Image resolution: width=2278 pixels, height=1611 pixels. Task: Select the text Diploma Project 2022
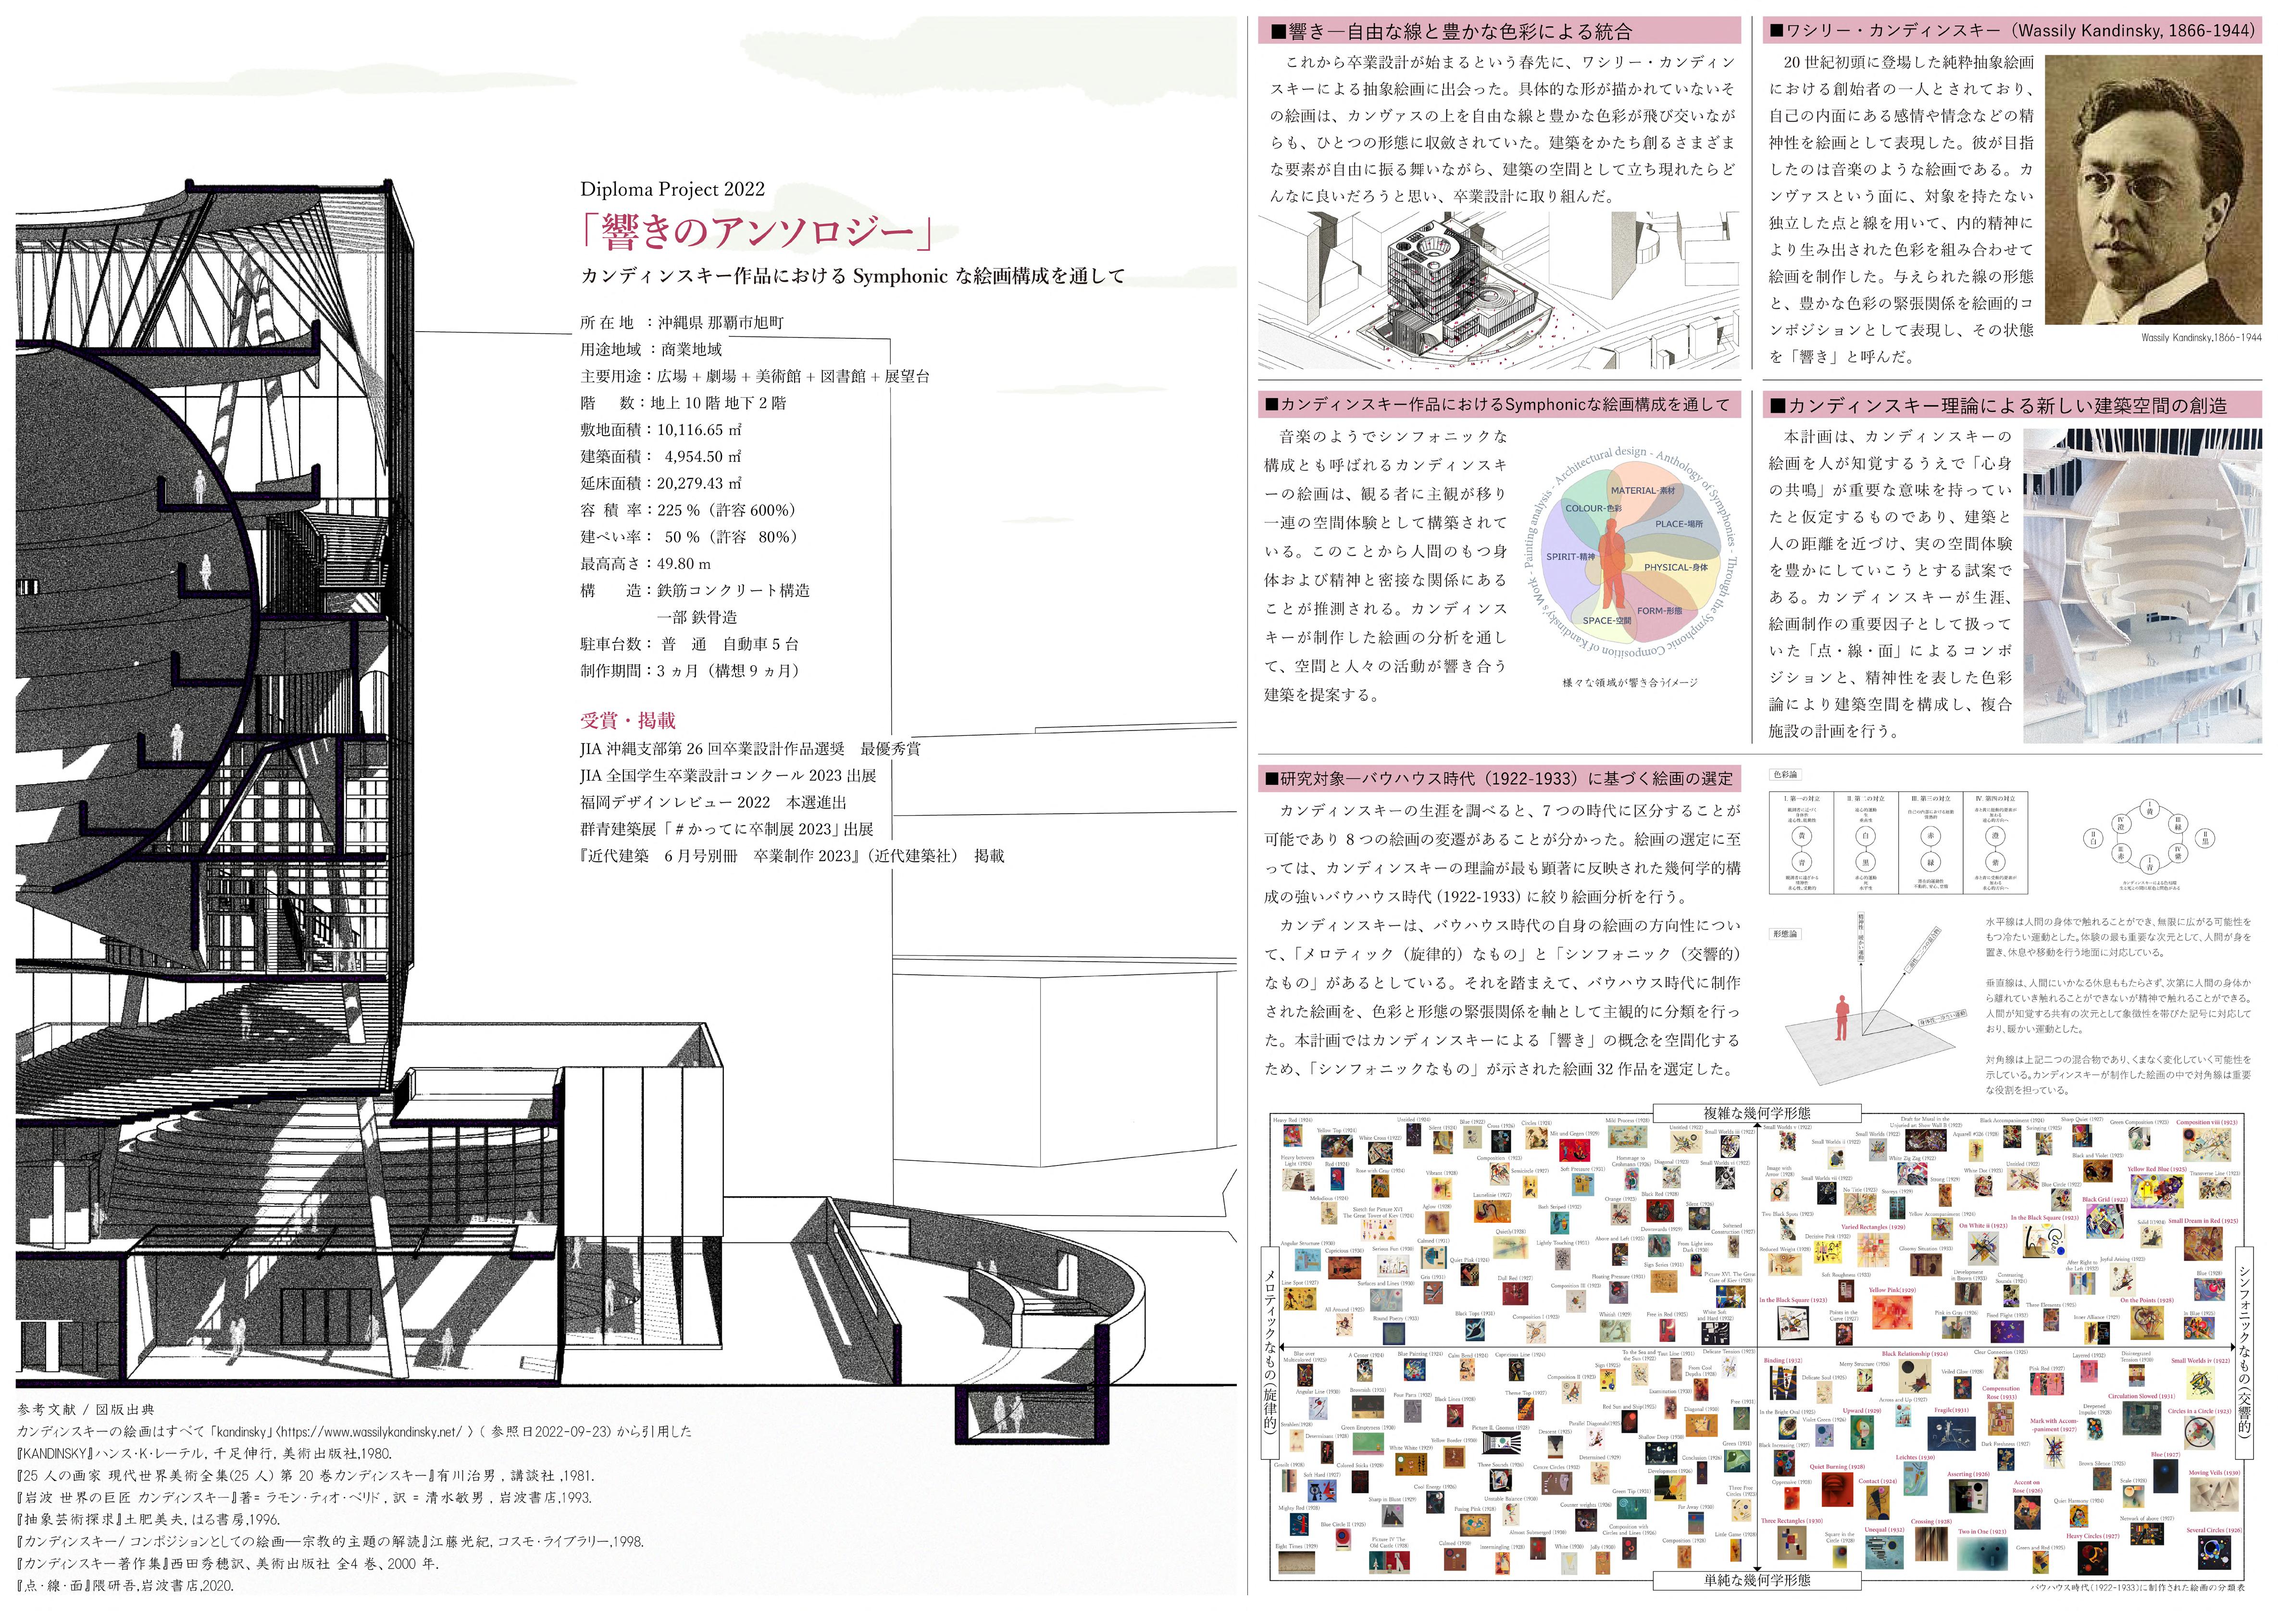pyautogui.click(x=672, y=189)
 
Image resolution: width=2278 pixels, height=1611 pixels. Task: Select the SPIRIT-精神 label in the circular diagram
pyautogui.click(x=1570, y=557)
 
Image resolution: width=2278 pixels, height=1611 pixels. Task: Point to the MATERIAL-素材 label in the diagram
pyautogui.click(x=1642, y=490)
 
